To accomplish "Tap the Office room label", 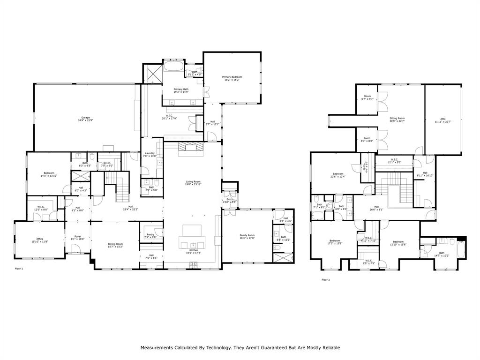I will pos(40,240).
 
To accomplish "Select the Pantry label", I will pos(150,235).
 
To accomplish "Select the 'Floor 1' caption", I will pos(19,269).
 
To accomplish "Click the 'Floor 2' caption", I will pos(326,280).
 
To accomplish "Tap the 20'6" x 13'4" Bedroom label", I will pos(338,175).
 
